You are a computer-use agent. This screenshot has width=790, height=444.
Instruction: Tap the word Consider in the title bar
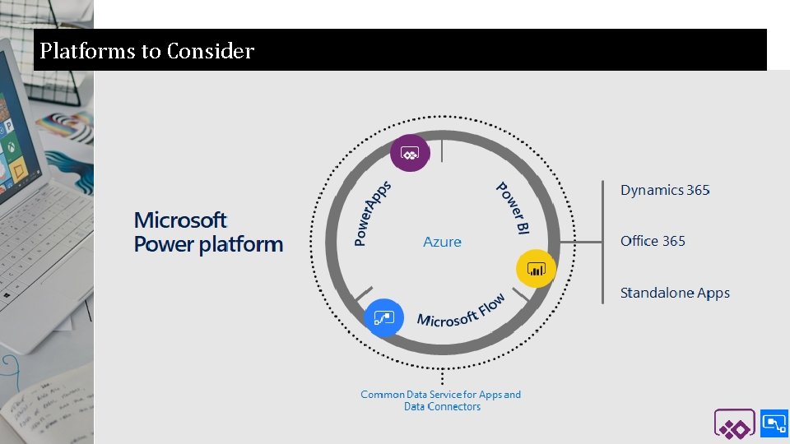click(x=210, y=51)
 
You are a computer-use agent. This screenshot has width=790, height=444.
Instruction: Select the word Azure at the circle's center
click(x=442, y=242)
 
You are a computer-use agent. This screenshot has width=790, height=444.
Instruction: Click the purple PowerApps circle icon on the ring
click(x=410, y=152)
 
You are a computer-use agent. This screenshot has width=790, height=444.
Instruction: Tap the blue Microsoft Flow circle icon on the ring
click(x=383, y=317)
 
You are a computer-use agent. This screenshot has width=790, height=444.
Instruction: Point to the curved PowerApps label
click(x=372, y=213)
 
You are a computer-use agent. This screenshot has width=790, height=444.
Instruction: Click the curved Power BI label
click(x=512, y=208)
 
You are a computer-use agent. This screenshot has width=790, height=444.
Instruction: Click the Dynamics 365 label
click(x=665, y=190)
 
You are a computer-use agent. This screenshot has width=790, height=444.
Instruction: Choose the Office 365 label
click(x=653, y=241)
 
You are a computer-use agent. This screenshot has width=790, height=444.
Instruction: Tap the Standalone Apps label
click(x=675, y=293)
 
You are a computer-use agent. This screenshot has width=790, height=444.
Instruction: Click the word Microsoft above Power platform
click(x=180, y=220)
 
